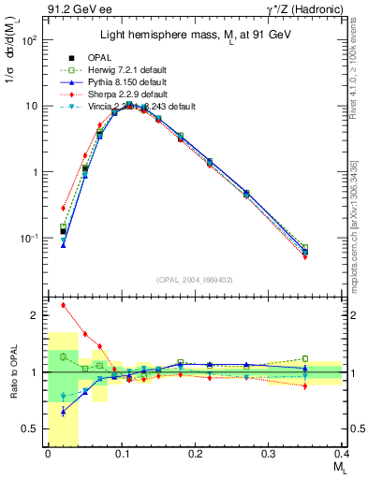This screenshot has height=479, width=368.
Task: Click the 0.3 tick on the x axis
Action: (269, 455)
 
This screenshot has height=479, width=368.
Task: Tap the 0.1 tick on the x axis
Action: (121, 455)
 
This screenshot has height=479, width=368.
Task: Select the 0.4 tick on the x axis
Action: (342, 455)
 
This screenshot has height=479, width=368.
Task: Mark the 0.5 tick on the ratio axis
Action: (35, 428)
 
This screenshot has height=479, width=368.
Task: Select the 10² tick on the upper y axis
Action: (30, 41)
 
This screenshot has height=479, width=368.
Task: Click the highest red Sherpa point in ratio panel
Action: (63, 305)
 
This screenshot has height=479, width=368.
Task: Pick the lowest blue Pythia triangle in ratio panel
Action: (63, 412)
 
